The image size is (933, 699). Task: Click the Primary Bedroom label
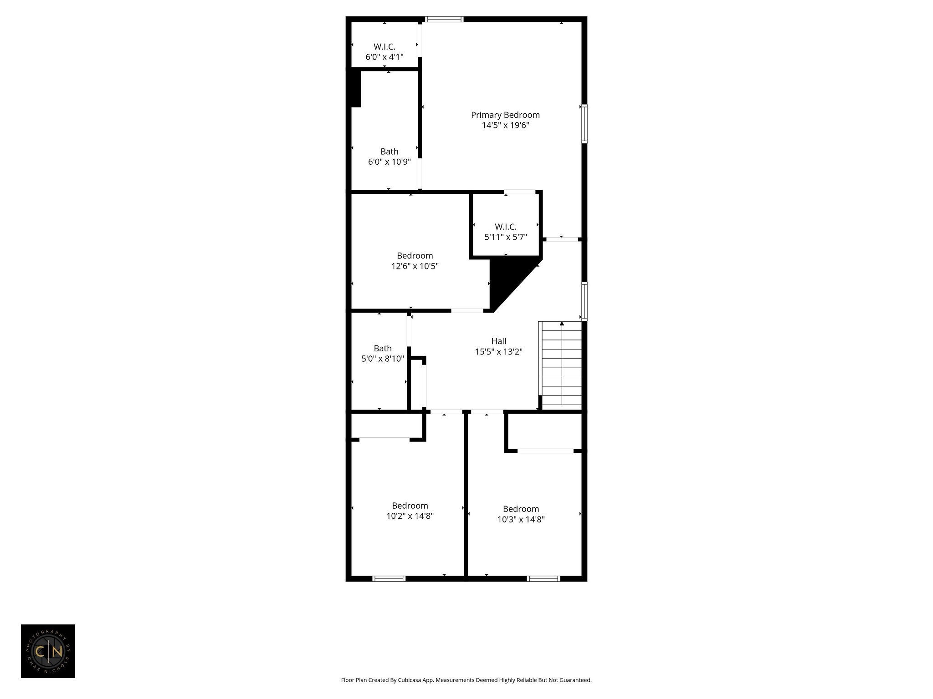[x=505, y=115]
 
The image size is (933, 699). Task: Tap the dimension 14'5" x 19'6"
[x=505, y=126]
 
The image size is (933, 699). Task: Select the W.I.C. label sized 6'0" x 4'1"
[x=384, y=46]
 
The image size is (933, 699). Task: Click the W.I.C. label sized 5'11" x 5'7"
[x=506, y=227]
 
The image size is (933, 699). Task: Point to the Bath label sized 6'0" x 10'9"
[x=390, y=152]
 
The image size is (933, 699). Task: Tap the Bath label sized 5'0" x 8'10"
[x=383, y=349]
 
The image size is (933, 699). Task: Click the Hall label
[x=499, y=341]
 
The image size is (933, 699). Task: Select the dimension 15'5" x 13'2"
[x=499, y=352]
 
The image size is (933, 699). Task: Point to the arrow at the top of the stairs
[x=562, y=324]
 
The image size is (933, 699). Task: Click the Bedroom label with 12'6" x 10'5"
[x=415, y=256]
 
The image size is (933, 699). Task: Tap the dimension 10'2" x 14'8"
[x=410, y=516]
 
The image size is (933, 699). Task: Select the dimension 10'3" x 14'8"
[x=521, y=519]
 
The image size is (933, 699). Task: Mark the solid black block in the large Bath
[x=356, y=89]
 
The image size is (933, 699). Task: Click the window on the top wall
[x=444, y=19]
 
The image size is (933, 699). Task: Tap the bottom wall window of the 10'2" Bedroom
[x=389, y=579]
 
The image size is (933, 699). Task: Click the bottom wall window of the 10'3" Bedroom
[x=543, y=579]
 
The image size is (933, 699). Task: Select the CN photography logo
[x=48, y=651]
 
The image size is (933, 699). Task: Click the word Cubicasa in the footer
[x=409, y=680]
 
